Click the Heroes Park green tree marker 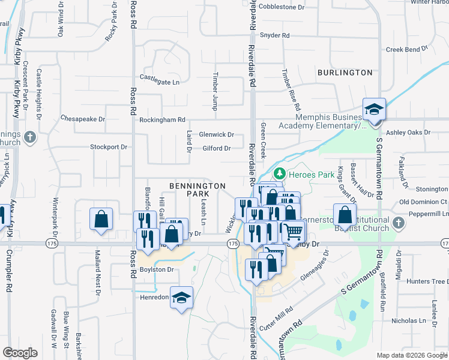pos(279,174)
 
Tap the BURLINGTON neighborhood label pos(345,73)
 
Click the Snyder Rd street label pos(275,35)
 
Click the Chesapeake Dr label pos(83,119)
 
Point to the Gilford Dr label pos(217,148)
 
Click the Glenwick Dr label pos(216,136)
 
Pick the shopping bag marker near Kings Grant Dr pos(345,215)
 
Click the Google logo pos(20,353)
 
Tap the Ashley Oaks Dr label pos(408,132)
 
